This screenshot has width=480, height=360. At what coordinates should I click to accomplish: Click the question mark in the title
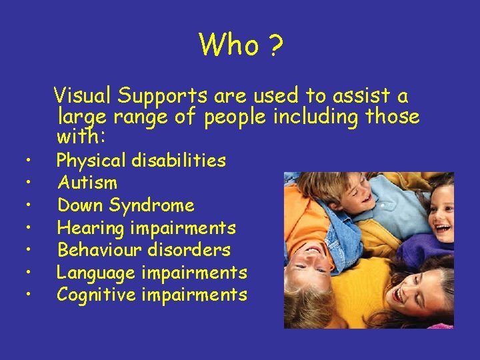275,45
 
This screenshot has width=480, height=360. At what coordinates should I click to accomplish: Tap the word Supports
163,96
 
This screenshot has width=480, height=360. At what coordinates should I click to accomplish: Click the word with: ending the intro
77,138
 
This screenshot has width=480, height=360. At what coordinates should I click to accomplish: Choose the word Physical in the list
91,161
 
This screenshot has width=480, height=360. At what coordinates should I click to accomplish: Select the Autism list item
87,183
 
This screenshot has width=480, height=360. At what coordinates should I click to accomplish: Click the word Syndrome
160,205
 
